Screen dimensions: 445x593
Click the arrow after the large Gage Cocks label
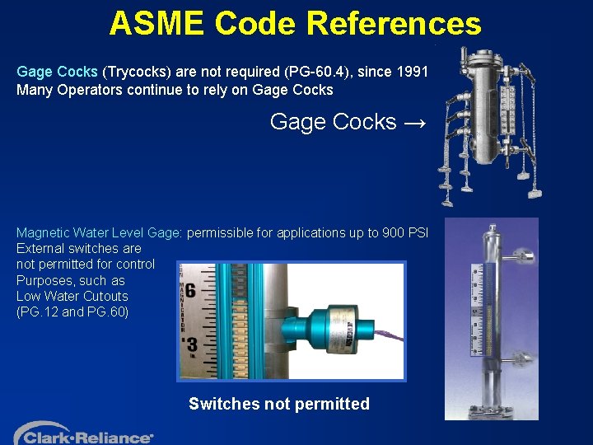click(415, 123)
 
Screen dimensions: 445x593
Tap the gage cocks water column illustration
click(489, 124)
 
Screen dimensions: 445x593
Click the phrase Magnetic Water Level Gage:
click(100, 232)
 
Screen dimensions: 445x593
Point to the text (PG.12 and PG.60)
click(72, 311)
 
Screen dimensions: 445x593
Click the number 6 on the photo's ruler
click(190, 291)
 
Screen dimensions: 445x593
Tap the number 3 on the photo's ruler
click(191, 343)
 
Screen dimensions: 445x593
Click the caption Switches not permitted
click(278, 404)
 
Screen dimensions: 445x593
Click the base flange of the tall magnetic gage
click(492, 408)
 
